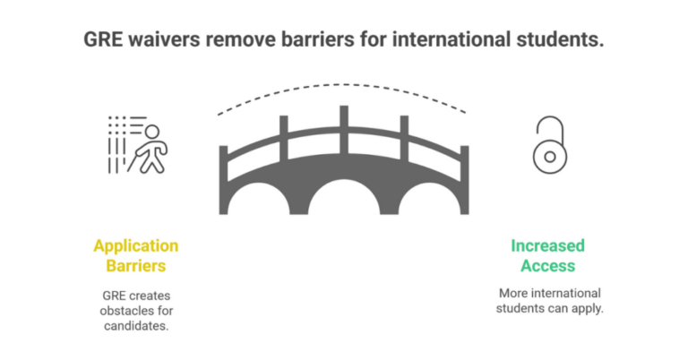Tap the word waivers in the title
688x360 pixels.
(163, 40)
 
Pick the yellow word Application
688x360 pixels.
(135, 245)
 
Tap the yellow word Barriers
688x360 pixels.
(135, 265)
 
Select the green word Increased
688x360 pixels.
(547, 245)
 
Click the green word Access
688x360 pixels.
(547, 265)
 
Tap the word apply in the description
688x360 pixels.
(583, 310)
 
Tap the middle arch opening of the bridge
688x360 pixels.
(343, 196)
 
